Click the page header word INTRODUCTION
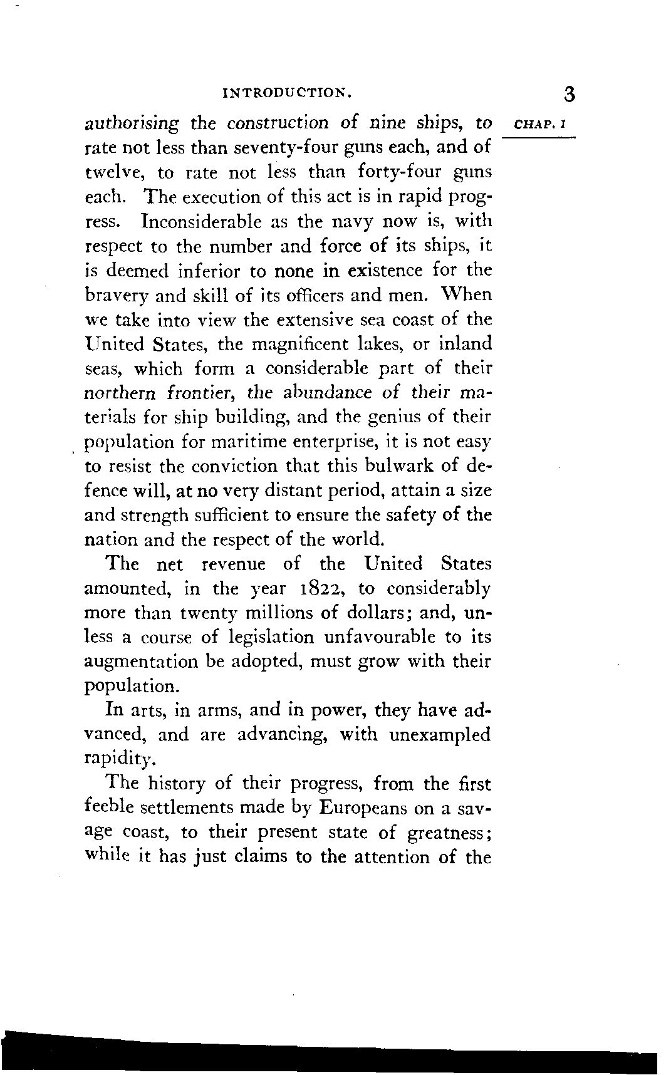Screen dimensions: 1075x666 (x=288, y=95)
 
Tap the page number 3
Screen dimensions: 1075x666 (x=568, y=94)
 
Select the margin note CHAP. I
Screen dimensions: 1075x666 (x=539, y=125)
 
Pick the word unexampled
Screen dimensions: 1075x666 (x=439, y=735)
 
